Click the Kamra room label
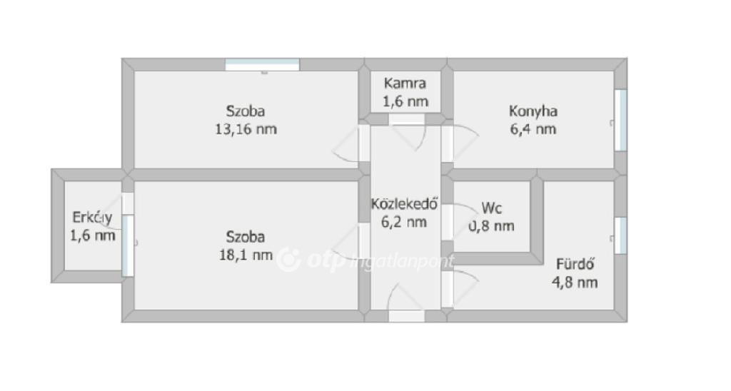(x=405, y=83)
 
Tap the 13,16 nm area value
(x=246, y=129)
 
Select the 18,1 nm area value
(x=246, y=255)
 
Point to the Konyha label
(x=533, y=111)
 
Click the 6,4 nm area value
(x=533, y=129)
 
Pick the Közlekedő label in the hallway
(x=404, y=203)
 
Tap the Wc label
(x=491, y=208)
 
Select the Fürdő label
(x=575, y=264)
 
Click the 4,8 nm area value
(x=575, y=283)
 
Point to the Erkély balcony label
(x=92, y=218)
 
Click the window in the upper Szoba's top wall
(x=263, y=65)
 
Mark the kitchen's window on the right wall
(x=620, y=121)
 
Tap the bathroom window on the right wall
(x=620, y=235)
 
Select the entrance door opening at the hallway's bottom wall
(x=406, y=316)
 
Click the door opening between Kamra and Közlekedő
(x=406, y=119)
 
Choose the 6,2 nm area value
(x=404, y=222)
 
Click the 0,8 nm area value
(x=491, y=226)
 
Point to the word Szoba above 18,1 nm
(x=246, y=237)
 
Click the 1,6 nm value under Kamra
(x=405, y=101)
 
